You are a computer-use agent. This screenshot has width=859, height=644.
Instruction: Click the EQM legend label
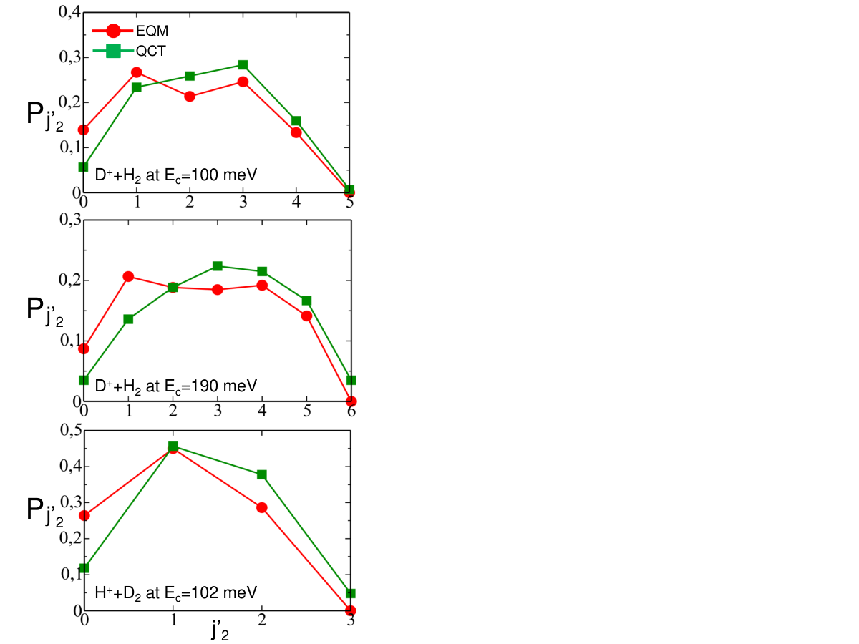pos(152,31)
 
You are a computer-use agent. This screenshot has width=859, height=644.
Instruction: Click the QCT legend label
pos(151,52)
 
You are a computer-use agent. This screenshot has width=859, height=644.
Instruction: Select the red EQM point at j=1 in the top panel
pos(137,72)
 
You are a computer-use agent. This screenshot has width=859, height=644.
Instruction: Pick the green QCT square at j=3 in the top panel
pos(243,65)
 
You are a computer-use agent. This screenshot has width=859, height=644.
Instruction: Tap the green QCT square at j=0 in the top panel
pos(83,167)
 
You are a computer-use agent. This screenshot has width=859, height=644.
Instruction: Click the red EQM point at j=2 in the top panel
pos(190,97)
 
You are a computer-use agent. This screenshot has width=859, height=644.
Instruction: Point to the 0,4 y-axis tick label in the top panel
pos(70,11)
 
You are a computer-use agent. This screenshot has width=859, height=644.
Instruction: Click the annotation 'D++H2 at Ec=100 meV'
pos(175,175)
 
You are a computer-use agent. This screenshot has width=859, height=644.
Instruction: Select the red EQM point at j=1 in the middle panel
pos(128,277)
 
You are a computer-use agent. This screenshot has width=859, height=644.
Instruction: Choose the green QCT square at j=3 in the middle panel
pos(218,266)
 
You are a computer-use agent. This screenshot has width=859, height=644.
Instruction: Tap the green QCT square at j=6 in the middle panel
pos(351,380)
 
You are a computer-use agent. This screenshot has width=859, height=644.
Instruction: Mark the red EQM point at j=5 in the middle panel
pos(307,316)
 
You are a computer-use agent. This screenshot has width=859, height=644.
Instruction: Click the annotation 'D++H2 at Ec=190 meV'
pos(175,386)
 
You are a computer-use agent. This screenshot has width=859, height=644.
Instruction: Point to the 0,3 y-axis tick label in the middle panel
pos(70,220)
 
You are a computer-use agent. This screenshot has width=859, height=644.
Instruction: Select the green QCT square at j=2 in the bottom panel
pos(262,474)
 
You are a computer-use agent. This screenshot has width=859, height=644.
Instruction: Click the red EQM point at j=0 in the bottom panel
pos(84,516)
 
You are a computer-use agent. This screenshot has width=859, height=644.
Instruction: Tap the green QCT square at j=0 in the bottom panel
pos(84,567)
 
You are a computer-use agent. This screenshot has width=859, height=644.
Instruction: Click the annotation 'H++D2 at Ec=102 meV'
pos(175,592)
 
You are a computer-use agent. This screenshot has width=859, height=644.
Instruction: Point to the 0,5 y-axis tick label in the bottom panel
pos(71,430)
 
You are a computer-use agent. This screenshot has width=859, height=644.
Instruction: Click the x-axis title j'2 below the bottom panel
pos(220,630)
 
